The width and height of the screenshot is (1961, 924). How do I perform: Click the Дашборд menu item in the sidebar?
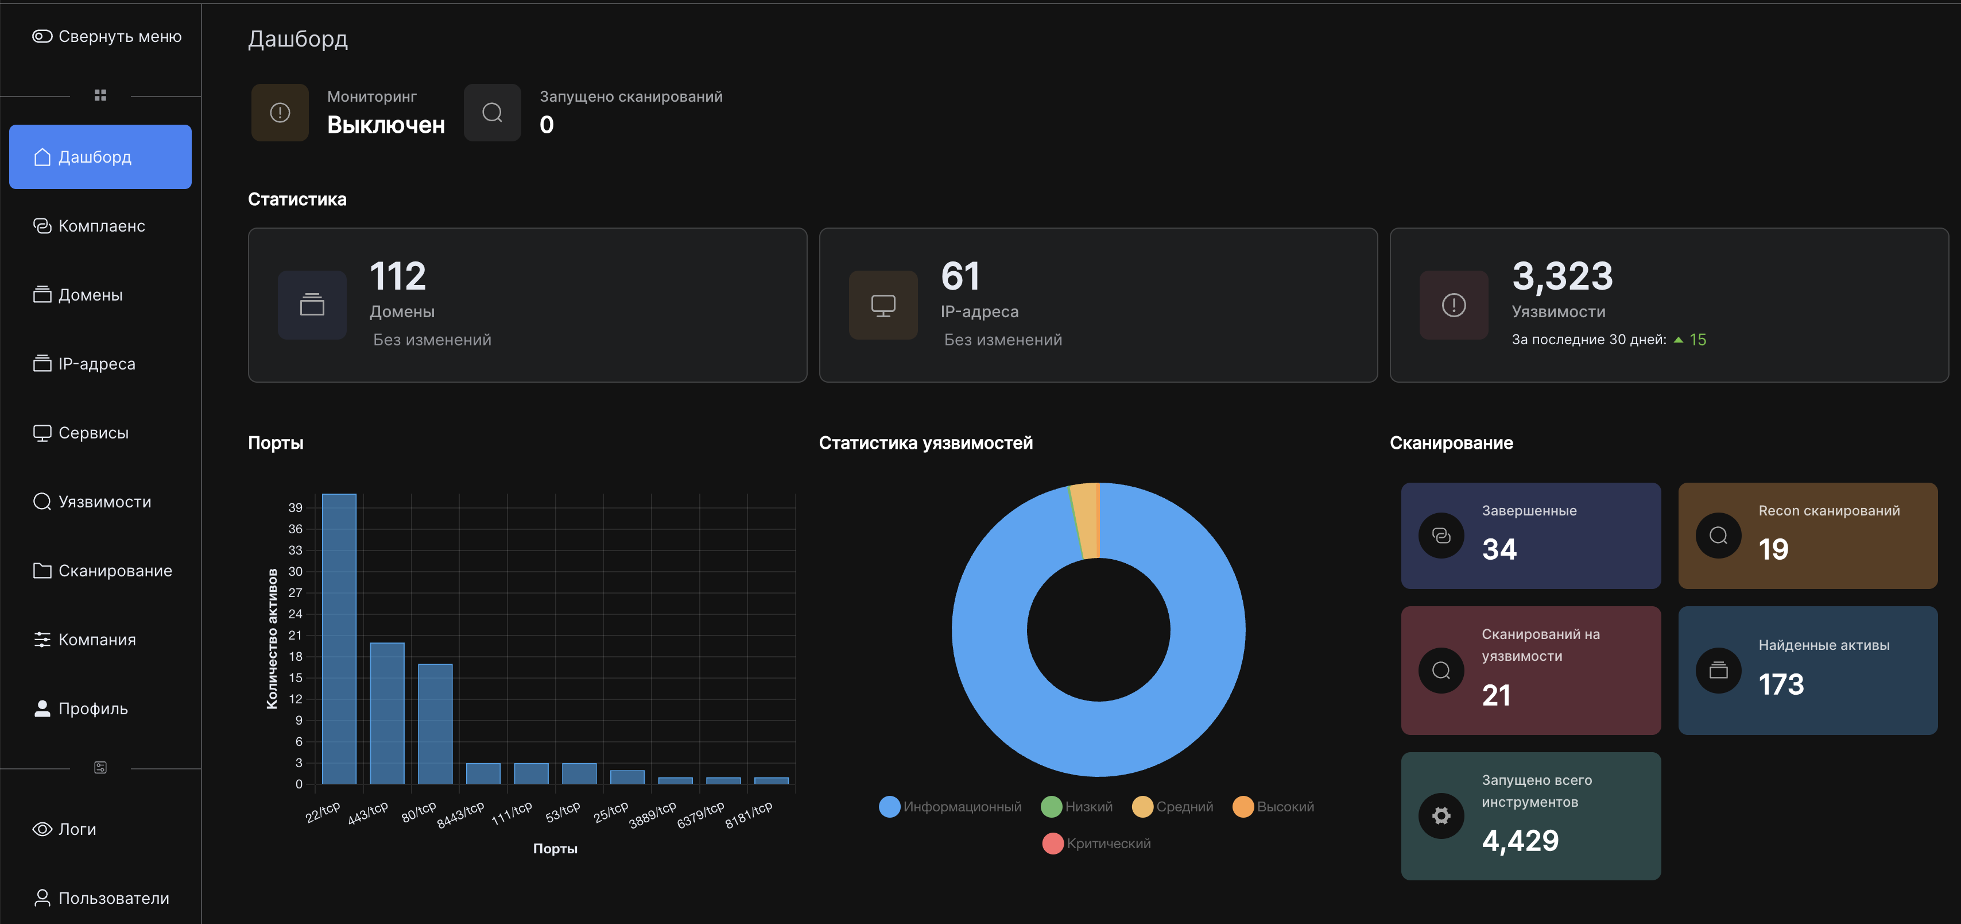click(100, 157)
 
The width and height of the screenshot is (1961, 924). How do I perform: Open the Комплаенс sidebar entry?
click(89, 226)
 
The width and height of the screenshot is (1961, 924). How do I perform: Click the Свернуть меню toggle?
click(107, 37)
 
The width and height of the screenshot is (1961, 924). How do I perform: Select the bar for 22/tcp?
click(339, 639)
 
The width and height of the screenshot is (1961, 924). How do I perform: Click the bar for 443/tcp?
click(387, 713)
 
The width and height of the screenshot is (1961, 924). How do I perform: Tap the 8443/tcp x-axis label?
click(460, 815)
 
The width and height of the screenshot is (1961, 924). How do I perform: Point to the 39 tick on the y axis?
click(296, 508)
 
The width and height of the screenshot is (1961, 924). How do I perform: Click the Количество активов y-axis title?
click(272, 639)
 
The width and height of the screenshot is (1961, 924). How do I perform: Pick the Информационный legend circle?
click(889, 807)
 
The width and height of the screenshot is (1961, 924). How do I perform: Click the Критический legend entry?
click(1097, 843)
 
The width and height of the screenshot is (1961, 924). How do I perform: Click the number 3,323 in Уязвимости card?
click(1562, 276)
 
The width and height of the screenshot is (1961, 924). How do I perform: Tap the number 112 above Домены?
click(397, 276)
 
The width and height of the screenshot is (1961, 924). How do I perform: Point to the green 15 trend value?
click(1698, 340)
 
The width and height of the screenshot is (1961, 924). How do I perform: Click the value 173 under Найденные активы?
click(1781, 684)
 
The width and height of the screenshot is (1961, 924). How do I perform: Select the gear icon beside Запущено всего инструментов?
click(1441, 816)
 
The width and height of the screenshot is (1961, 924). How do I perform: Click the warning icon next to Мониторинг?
click(280, 113)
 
